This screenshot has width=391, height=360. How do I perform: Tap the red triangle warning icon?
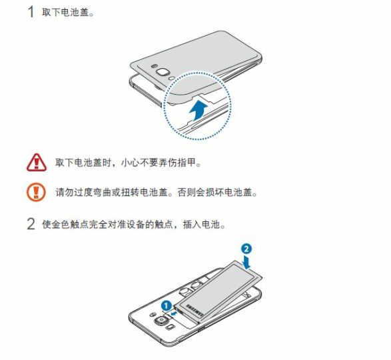pos(35,162)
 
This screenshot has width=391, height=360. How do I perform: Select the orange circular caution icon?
pos(35,193)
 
